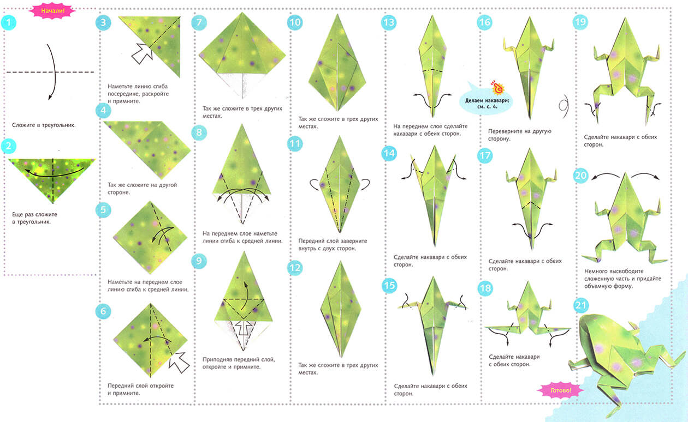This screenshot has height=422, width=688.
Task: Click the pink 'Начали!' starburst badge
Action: (52, 11)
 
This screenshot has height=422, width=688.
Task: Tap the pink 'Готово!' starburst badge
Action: (561, 390)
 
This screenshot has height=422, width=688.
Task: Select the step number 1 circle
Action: (9, 22)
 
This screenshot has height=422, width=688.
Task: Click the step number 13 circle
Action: (389, 22)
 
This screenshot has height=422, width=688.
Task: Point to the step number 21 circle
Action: (581, 305)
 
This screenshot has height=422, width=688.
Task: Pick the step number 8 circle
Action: (199, 132)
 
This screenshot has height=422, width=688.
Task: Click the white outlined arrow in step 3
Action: (142, 53)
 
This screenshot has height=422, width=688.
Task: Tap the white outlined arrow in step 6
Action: (179, 363)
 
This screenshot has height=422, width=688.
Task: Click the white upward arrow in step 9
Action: (244, 328)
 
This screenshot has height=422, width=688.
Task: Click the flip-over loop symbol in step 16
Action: (564, 106)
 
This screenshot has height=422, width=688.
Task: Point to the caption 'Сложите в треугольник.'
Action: (44, 125)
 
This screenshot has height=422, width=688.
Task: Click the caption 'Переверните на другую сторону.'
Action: (520, 135)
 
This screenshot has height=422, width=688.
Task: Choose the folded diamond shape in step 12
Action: (340, 308)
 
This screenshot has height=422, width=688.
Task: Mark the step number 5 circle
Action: (103, 210)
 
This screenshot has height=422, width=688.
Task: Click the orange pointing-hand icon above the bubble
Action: (497, 88)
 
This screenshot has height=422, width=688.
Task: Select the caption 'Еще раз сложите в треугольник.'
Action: (35, 218)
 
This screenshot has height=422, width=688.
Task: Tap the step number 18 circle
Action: (485, 288)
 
